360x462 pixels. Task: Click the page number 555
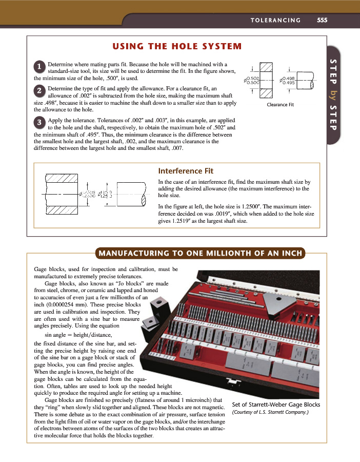coord(322,21)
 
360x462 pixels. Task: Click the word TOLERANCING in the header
coord(276,21)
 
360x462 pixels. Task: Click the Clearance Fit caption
coord(280,104)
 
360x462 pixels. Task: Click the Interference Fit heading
coord(186,171)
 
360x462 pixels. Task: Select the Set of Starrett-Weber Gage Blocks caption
coord(276,404)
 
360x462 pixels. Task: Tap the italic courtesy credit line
coord(270,412)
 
